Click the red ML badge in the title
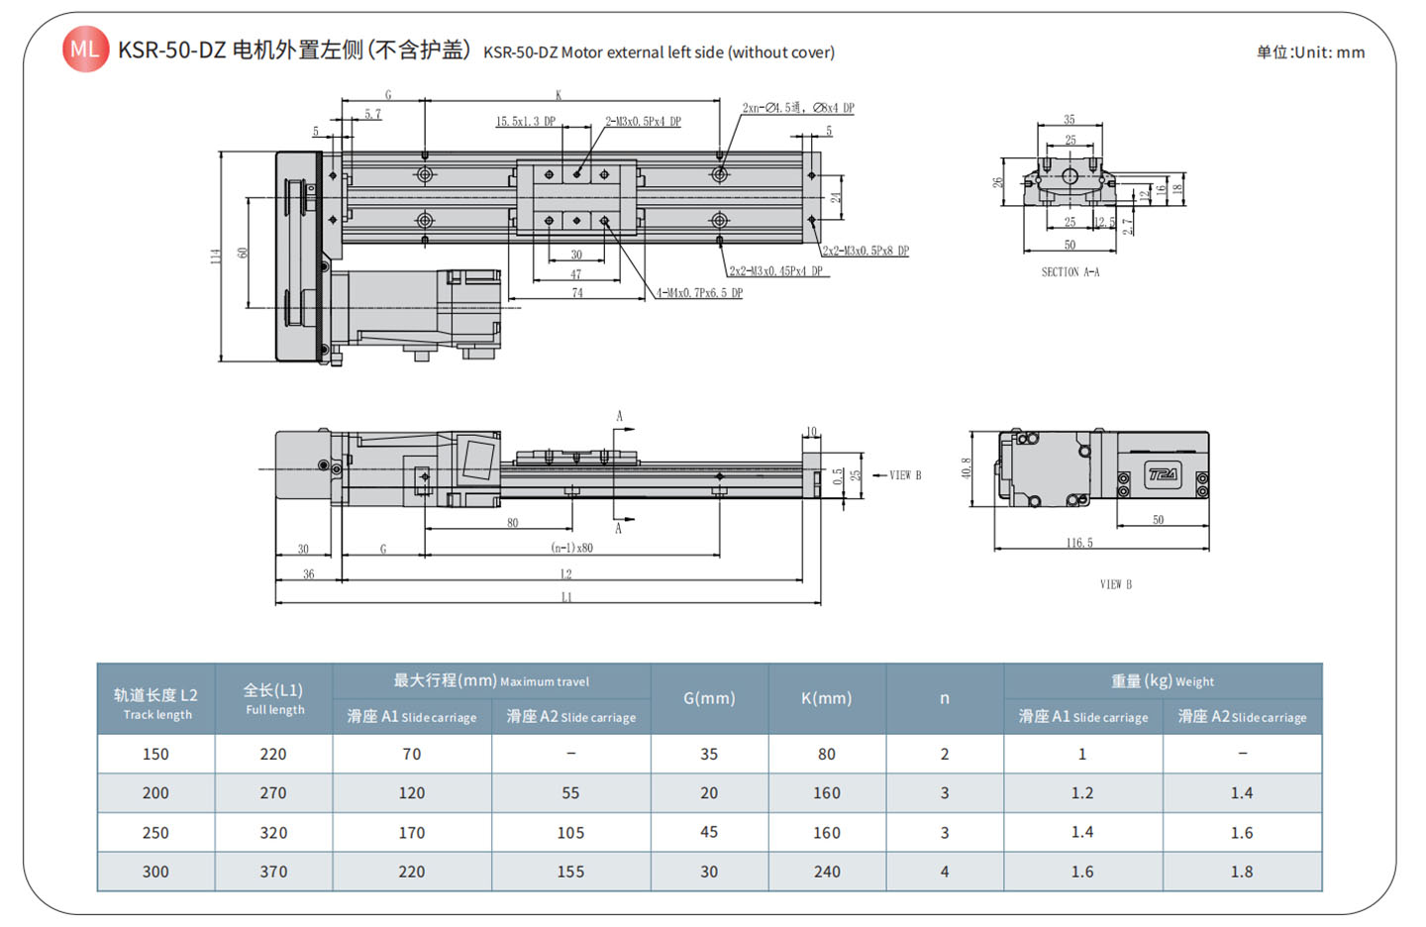85,50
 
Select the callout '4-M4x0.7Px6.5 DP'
700,293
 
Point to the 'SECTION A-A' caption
1069,271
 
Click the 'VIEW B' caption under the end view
1115,584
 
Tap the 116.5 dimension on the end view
1079,543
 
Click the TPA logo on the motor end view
1163,474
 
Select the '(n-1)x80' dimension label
572,548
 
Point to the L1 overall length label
566,597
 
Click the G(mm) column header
709,698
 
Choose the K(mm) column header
826,698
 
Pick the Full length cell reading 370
273,872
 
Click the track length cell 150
155,754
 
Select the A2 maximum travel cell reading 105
570,833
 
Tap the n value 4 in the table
945,872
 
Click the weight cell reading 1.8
1242,872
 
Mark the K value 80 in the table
826,754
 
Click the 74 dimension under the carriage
577,293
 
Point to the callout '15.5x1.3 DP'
526,122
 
